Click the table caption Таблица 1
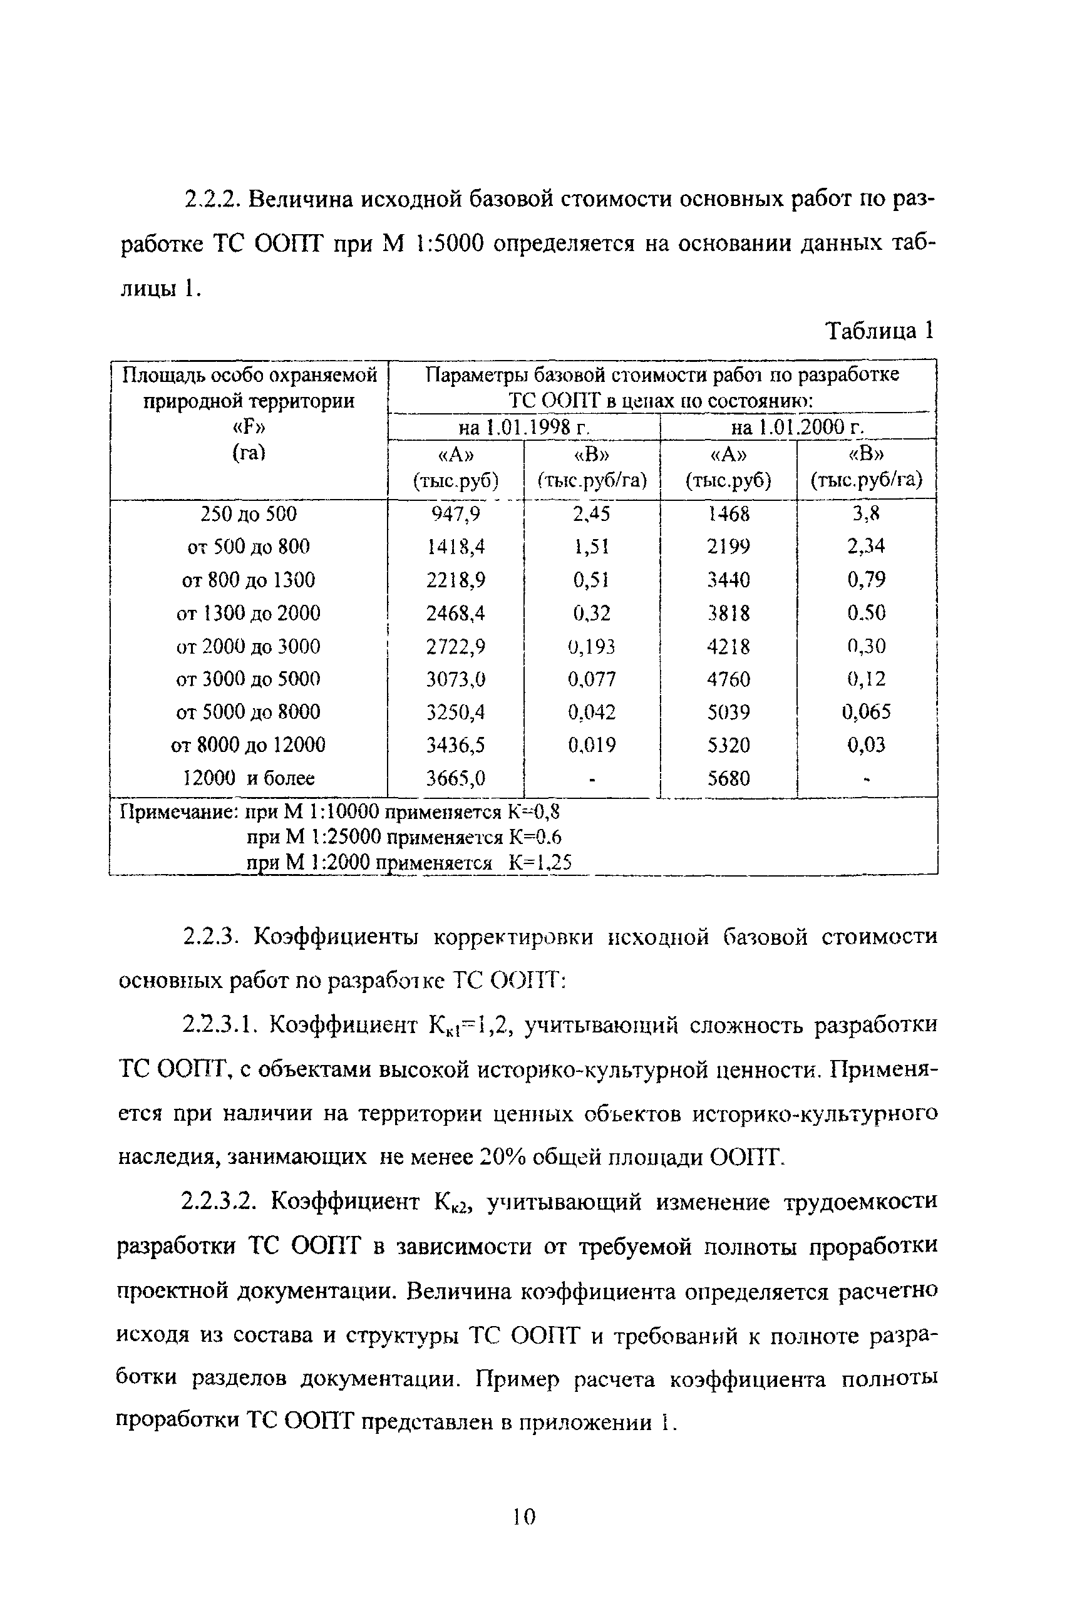[x=880, y=331]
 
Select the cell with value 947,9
[x=455, y=513]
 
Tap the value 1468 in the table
[x=729, y=513]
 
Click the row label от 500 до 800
[x=248, y=547]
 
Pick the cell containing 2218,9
[x=455, y=580]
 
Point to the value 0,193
[x=591, y=646]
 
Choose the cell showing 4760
[x=729, y=679]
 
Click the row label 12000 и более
[x=248, y=778]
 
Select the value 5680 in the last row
[x=729, y=778]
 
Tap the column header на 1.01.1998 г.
[x=524, y=428]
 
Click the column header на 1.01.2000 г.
[x=797, y=428]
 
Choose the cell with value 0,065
[x=867, y=712]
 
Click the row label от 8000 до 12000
[x=248, y=745]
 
